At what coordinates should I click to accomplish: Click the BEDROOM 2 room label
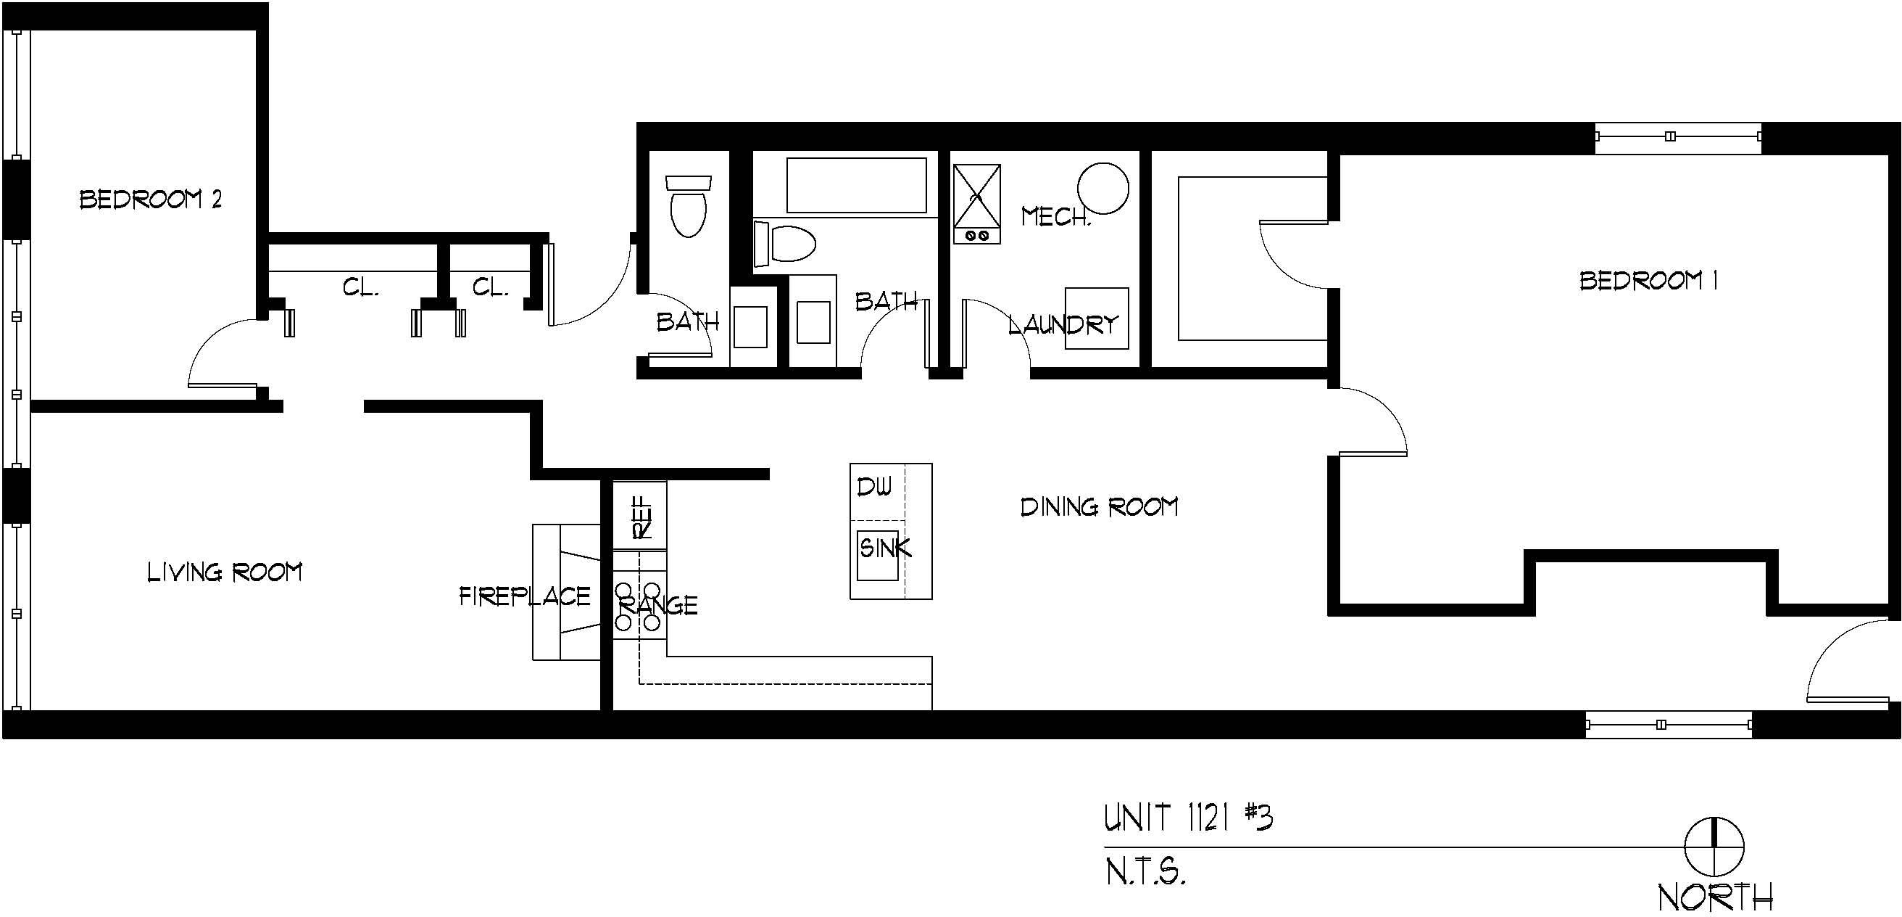point(151,200)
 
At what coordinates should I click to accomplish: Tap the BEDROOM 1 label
point(1648,281)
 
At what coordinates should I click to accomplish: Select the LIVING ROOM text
point(225,572)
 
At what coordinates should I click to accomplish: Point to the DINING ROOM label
point(1099,507)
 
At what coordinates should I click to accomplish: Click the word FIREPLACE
point(525,596)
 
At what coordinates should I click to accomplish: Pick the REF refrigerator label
point(642,517)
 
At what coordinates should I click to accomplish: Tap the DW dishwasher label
point(874,487)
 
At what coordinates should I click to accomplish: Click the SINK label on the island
point(885,548)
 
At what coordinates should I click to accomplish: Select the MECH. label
point(1056,216)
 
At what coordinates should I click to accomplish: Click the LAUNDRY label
point(1064,324)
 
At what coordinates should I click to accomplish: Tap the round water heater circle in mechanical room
point(1103,189)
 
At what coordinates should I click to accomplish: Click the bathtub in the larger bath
point(857,186)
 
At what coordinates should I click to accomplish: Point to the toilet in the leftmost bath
point(688,206)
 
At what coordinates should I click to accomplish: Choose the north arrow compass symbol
point(1714,847)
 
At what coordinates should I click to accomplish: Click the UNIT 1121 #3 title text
point(1188,818)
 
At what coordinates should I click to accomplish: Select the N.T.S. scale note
point(1145,872)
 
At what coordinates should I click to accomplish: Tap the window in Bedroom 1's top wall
point(1677,136)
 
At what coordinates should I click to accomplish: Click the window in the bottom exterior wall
point(1669,725)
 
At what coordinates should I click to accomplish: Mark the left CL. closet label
point(361,287)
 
